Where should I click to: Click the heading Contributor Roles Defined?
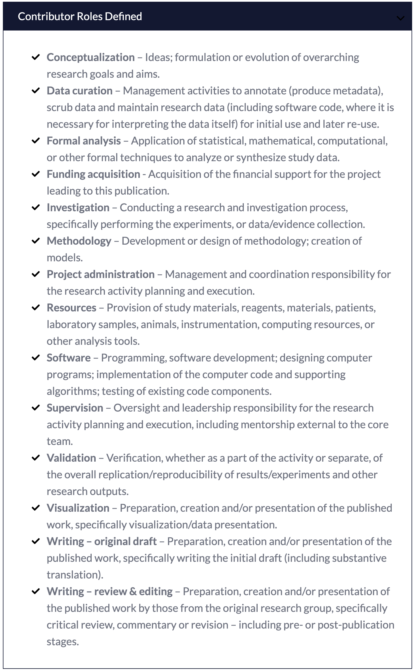80,17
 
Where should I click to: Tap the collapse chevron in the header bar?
400,18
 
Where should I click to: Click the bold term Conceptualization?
90,58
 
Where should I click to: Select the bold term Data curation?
80,91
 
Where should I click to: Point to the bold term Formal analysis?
84,141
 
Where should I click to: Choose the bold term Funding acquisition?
93,174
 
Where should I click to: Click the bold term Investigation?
78,208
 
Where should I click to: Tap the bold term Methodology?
79,241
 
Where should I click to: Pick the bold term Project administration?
101,275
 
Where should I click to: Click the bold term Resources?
71,308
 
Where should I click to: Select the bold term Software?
69,358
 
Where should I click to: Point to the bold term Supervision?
75,408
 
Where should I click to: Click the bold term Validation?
71,458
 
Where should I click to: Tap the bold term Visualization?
78,508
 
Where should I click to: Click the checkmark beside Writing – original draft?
35,541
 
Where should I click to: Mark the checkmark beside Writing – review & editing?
35,591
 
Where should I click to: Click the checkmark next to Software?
35,358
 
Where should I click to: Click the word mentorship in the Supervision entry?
267,425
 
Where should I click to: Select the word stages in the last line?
63,642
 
